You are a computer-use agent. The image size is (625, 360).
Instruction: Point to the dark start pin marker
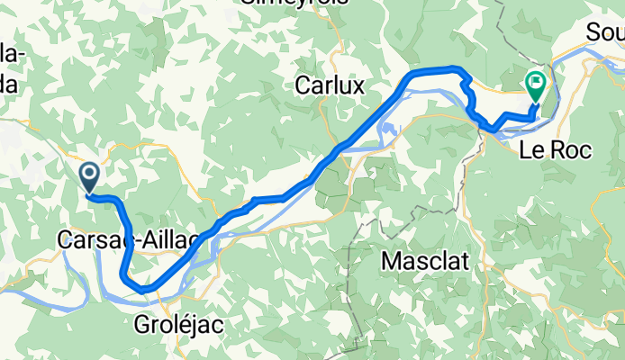(90, 175)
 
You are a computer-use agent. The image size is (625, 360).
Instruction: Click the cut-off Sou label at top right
(604, 32)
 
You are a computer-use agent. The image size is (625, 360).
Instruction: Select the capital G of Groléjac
(142, 323)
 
